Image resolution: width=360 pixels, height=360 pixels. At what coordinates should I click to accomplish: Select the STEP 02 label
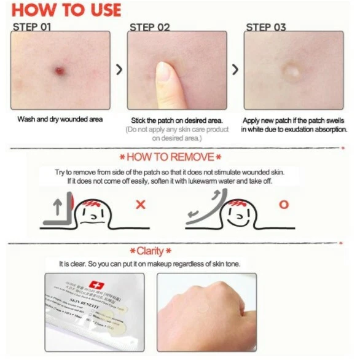(150, 26)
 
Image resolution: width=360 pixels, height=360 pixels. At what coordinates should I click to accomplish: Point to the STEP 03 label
(266, 26)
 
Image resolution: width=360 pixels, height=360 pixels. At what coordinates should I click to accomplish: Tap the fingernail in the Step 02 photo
(163, 72)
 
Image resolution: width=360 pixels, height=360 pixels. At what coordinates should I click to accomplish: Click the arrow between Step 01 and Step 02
(119, 70)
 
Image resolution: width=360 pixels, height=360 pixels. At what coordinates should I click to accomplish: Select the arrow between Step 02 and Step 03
(235, 70)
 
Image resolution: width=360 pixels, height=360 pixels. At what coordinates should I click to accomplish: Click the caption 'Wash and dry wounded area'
(60, 119)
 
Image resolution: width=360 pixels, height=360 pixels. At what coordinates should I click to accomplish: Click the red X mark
(140, 204)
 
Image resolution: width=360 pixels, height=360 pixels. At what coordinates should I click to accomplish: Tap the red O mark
(283, 204)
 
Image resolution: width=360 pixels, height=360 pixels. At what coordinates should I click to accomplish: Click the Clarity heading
(150, 251)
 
